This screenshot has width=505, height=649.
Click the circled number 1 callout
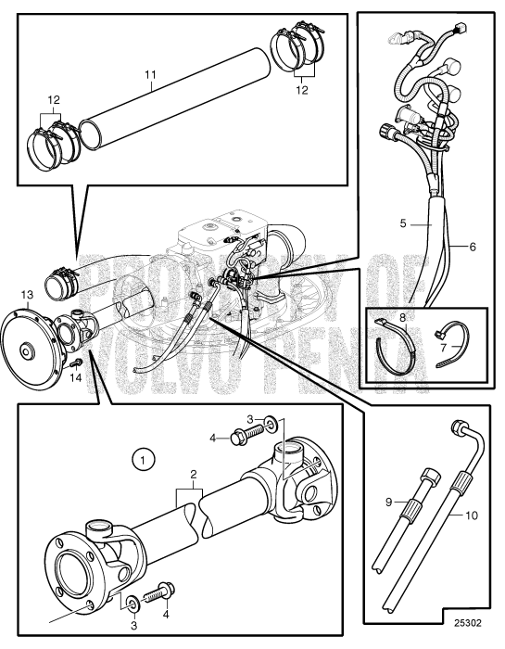click(143, 460)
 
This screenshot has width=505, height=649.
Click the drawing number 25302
click(468, 623)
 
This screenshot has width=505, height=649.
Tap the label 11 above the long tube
click(150, 75)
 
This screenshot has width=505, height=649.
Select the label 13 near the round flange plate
click(27, 295)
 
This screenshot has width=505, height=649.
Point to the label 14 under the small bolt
click(76, 377)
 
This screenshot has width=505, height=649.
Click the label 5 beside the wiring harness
click(403, 224)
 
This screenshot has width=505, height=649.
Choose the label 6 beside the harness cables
click(473, 248)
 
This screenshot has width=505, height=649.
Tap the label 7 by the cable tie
click(444, 346)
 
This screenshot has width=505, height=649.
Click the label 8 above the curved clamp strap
click(403, 318)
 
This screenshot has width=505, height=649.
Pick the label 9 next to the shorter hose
click(388, 503)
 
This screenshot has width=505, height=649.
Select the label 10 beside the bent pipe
click(472, 515)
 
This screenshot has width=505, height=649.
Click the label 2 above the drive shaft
click(193, 475)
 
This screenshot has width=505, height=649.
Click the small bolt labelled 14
click(76, 363)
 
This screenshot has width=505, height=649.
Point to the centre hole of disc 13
click(27, 351)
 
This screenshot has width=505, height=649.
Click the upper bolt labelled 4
click(246, 435)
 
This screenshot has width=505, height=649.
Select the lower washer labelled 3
click(133, 604)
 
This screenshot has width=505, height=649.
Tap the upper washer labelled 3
click(271, 424)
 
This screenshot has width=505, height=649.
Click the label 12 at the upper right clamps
click(302, 90)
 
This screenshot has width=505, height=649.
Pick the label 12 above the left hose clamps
click(54, 100)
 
